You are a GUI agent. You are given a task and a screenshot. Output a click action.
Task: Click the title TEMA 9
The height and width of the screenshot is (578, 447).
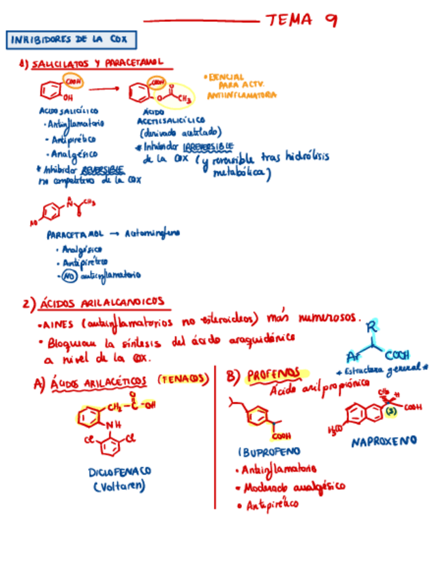pyautogui.click(x=300, y=20)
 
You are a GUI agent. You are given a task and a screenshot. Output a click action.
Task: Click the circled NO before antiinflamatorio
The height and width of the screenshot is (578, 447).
pyautogui.click(x=67, y=275)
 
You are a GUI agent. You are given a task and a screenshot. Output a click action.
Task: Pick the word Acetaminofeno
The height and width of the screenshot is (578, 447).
pyautogui.click(x=153, y=233)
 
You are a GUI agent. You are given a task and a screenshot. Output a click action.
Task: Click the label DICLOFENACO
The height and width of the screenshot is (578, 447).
pyautogui.click(x=120, y=471)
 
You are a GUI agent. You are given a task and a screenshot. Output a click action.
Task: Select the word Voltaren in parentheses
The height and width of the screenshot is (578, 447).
pyautogui.click(x=120, y=486)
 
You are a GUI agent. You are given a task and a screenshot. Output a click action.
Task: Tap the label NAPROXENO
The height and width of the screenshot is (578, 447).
pyautogui.click(x=384, y=442)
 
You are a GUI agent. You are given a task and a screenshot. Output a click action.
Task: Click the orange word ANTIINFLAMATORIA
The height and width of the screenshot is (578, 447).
pyautogui.click(x=241, y=96)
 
